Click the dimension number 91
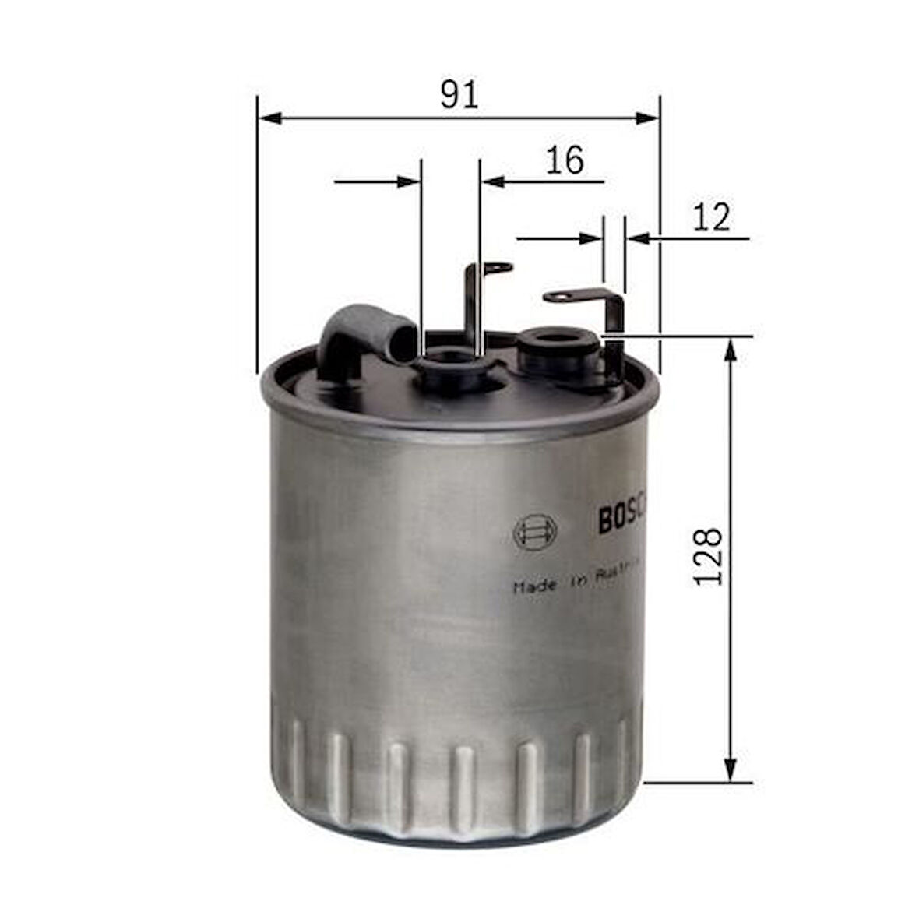point(459,94)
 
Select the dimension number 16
point(564,160)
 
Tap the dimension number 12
point(711,217)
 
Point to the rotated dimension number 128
point(708,557)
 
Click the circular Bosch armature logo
point(535,532)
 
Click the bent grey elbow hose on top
point(362,336)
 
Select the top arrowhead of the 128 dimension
point(730,350)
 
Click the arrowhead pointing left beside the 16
point(493,181)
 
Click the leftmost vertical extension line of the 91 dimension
point(256,234)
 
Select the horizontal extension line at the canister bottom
point(697,783)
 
